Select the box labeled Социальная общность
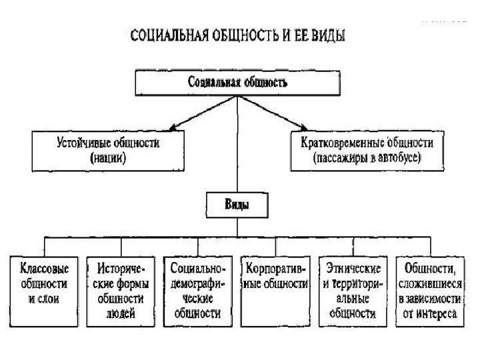(x=237, y=84)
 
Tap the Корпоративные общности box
(x=276, y=289)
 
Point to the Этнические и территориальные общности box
(x=353, y=289)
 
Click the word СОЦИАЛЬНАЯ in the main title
(x=163, y=36)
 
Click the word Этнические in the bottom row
(x=353, y=269)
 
